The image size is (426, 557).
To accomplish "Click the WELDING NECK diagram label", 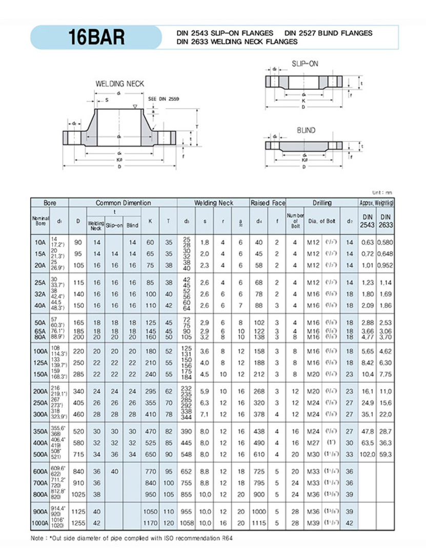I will (x=120, y=84).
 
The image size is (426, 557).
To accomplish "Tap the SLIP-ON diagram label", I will (x=305, y=63).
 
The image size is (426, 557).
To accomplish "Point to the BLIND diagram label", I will (x=306, y=131).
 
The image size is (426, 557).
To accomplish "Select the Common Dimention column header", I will (x=123, y=203).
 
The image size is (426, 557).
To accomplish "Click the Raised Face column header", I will (x=267, y=203).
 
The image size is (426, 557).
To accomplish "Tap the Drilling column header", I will (x=321, y=203).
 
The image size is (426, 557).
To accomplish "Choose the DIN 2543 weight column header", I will (x=368, y=220).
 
